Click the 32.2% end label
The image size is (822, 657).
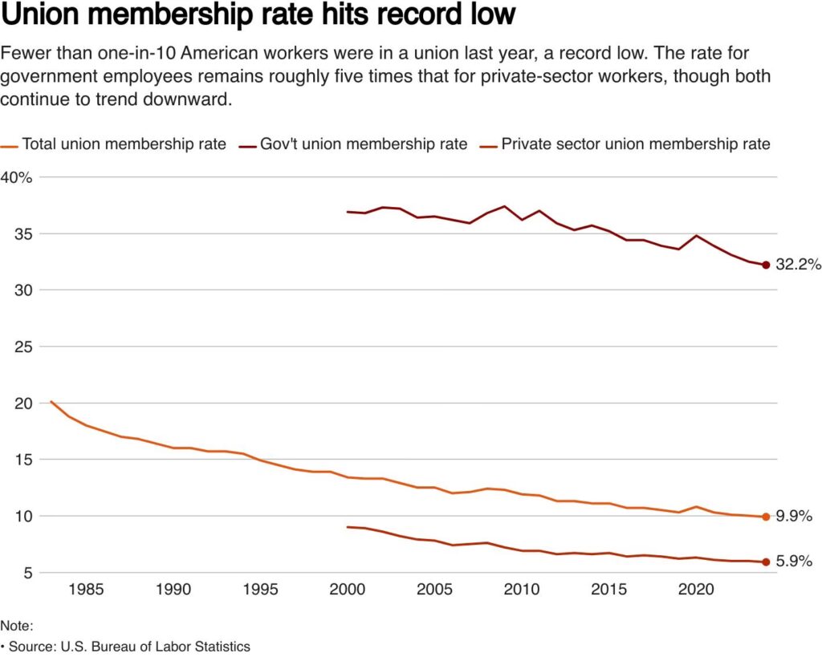pyautogui.click(x=798, y=265)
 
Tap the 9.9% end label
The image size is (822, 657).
pyautogui.click(x=794, y=517)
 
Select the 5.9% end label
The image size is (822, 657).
pyautogui.click(x=794, y=562)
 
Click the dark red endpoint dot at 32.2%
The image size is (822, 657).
pyautogui.click(x=766, y=266)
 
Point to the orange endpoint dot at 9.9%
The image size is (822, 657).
pyautogui.click(x=766, y=517)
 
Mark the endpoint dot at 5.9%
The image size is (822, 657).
pyautogui.click(x=766, y=562)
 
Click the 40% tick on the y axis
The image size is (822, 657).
pyautogui.click(x=16, y=177)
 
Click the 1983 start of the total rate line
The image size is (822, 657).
pyautogui.click(x=51, y=401)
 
